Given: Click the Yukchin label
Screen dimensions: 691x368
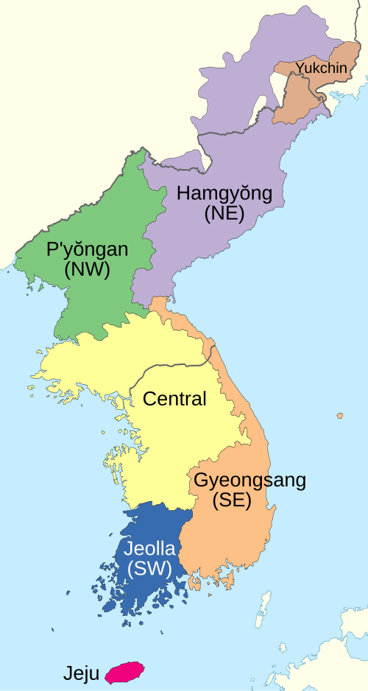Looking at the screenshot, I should pos(321,68).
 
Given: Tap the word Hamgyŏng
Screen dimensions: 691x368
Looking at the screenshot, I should pos(224,195).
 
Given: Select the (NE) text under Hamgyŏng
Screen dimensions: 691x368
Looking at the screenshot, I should pos(224,213).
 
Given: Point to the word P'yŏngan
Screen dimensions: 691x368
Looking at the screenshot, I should pos(87,250).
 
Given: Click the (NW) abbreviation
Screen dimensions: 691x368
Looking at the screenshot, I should pos(87,269).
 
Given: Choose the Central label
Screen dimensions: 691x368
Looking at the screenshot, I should pos(174,400).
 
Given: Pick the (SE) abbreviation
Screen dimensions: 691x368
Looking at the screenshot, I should pos(232,500).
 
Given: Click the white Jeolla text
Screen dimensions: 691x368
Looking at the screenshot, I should pos(149,550).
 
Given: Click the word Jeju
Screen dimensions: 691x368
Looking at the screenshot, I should pos(81,673).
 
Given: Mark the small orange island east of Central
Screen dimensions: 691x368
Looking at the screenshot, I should pos(339,416).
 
